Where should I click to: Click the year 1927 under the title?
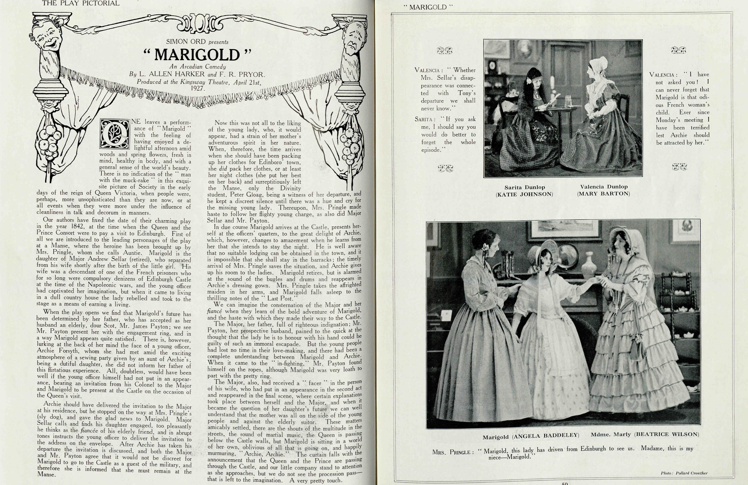click(x=198, y=88)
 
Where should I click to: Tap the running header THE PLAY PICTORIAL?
click(x=81, y=3)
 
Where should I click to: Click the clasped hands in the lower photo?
click(x=600, y=279)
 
